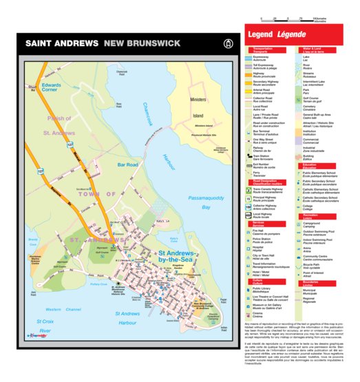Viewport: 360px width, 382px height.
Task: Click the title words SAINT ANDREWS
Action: coord(62,43)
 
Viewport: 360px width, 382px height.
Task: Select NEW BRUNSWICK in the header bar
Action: coord(142,43)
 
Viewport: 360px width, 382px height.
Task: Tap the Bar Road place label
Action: coord(128,165)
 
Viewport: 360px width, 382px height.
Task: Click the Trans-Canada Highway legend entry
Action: coord(269,190)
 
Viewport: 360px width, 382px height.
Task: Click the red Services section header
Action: coord(260,224)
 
